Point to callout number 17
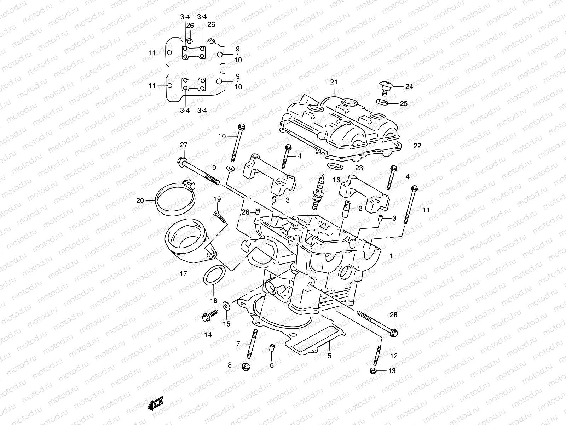coord(183,273)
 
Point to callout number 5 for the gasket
coord(329,356)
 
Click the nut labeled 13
coord(372,371)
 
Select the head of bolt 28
coord(394,333)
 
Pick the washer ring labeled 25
coord(382,103)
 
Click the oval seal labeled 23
coord(334,166)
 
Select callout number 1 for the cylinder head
coord(391,256)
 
